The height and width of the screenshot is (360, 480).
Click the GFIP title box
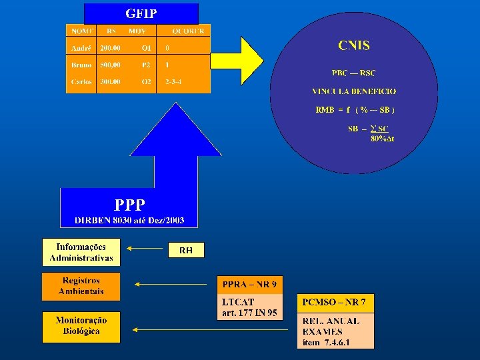point(141,13)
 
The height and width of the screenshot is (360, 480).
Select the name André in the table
point(81,48)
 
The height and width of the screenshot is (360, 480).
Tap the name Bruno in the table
point(81,65)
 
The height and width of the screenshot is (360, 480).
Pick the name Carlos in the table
point(81,81)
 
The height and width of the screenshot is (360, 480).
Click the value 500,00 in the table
point(111,65)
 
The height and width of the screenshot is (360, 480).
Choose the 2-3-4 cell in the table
point(173,81)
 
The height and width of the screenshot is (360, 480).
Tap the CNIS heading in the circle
point(354,46)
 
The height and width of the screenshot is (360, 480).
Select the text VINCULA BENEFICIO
point(354,91)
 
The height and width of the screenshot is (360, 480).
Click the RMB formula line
point(355,109)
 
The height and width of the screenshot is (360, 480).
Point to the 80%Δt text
point(382,139)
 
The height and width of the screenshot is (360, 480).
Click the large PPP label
point(129,205)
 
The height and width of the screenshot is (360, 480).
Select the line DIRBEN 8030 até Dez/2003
point(129,220)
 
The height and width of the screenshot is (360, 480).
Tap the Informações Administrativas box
point(81,252)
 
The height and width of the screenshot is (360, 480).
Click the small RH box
point(186,250)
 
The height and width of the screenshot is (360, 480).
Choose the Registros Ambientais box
point(81,286)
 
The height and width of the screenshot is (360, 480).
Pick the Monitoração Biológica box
point(81,326)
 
